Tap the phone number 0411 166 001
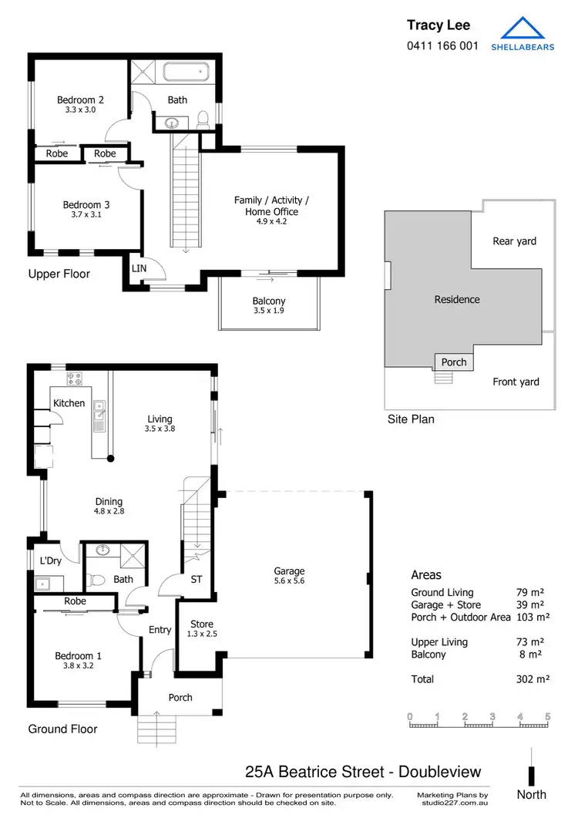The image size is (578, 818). coord(442,45)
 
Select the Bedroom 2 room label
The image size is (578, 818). coord(80,99)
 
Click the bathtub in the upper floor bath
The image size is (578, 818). coord(184,73)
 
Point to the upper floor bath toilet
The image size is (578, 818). coord(204,120)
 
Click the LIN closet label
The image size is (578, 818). coord(139,268)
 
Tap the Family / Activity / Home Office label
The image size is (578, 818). coord(271,206)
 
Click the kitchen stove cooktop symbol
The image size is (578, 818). coord(75,379)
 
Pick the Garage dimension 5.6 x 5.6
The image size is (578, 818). coord(289,581)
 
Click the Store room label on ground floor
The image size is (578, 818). coord(202,624)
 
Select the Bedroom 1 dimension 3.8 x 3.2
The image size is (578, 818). coord(78,666)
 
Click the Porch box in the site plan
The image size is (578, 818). coord(454,362)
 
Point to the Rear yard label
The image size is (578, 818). coord(514,241)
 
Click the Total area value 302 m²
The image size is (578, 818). coord(530,679)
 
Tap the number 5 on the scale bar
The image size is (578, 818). coord(548,716)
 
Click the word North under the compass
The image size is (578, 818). coord(531,795)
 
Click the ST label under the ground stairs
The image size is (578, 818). coord(196,579)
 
